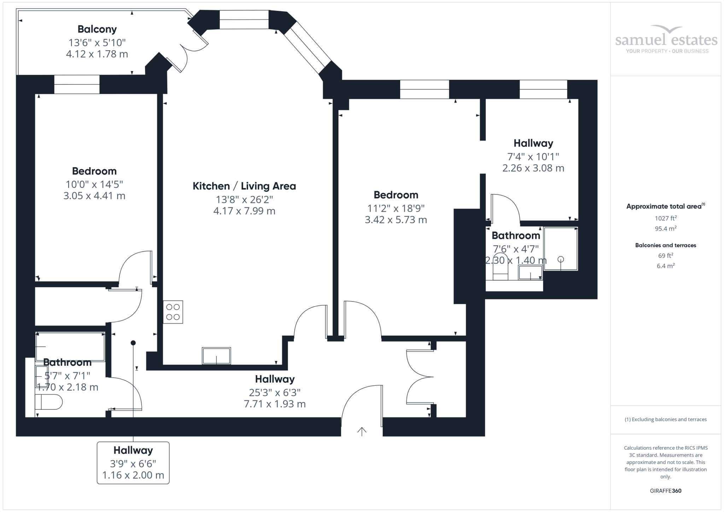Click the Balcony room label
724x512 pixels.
(97, 29)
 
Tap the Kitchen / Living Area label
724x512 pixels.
(244, 186)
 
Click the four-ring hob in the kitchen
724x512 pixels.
(173, 312)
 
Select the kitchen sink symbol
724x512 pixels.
(216, 355)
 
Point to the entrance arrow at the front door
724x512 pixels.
(362, 431)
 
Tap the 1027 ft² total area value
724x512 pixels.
(666, 218)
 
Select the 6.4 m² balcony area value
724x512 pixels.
(666, 266)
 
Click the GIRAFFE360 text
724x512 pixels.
(665, 491)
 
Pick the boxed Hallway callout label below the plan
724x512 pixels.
(133, 462)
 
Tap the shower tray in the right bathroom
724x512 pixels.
(560, 249)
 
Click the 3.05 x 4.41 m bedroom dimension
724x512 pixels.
(94, 196)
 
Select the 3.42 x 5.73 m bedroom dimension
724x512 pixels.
(396, 220)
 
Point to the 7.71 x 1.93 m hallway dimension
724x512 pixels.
(275, 404)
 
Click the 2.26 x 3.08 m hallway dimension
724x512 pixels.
(533, 168)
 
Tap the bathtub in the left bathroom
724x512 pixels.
(70, 346)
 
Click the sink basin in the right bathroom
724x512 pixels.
(530, 273)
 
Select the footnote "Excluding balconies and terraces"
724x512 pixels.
(666, 419)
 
